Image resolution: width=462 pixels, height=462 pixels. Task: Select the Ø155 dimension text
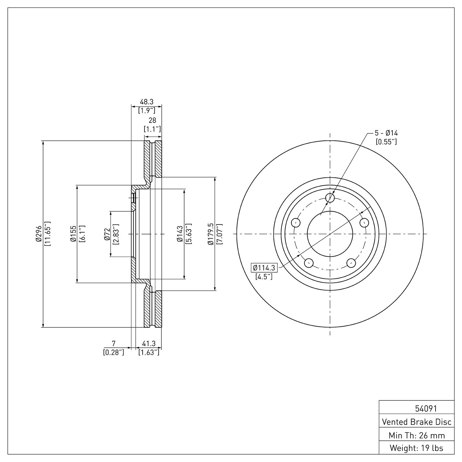click(x=73, y=234)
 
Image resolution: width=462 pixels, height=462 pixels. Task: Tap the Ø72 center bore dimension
click(x=107, y=234)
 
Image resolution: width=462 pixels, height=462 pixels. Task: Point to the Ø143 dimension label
click(x=180, y=234)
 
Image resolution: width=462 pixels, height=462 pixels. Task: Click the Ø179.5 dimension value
click(x=211, y=234)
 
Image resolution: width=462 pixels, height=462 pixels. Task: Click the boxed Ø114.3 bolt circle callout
click(x=264, y=268)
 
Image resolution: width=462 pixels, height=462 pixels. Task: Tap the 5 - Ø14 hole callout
click(x=386, y=133)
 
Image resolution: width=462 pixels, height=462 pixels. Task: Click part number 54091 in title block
click(x=426, y=409)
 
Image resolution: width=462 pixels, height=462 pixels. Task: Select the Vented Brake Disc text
click(x=416, y=422)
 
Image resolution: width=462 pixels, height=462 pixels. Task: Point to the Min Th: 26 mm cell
click(x=416, y=435)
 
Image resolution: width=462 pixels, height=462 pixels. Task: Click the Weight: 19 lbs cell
click(x=416, y=448)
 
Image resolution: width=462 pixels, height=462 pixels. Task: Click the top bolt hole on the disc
click(x=330, y=197)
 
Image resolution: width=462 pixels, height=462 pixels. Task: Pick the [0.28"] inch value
click(x=114, y=352)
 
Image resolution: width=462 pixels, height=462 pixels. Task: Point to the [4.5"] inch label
click(x=264, y=277)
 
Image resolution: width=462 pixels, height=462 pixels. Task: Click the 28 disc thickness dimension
click(x=152, y=120)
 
